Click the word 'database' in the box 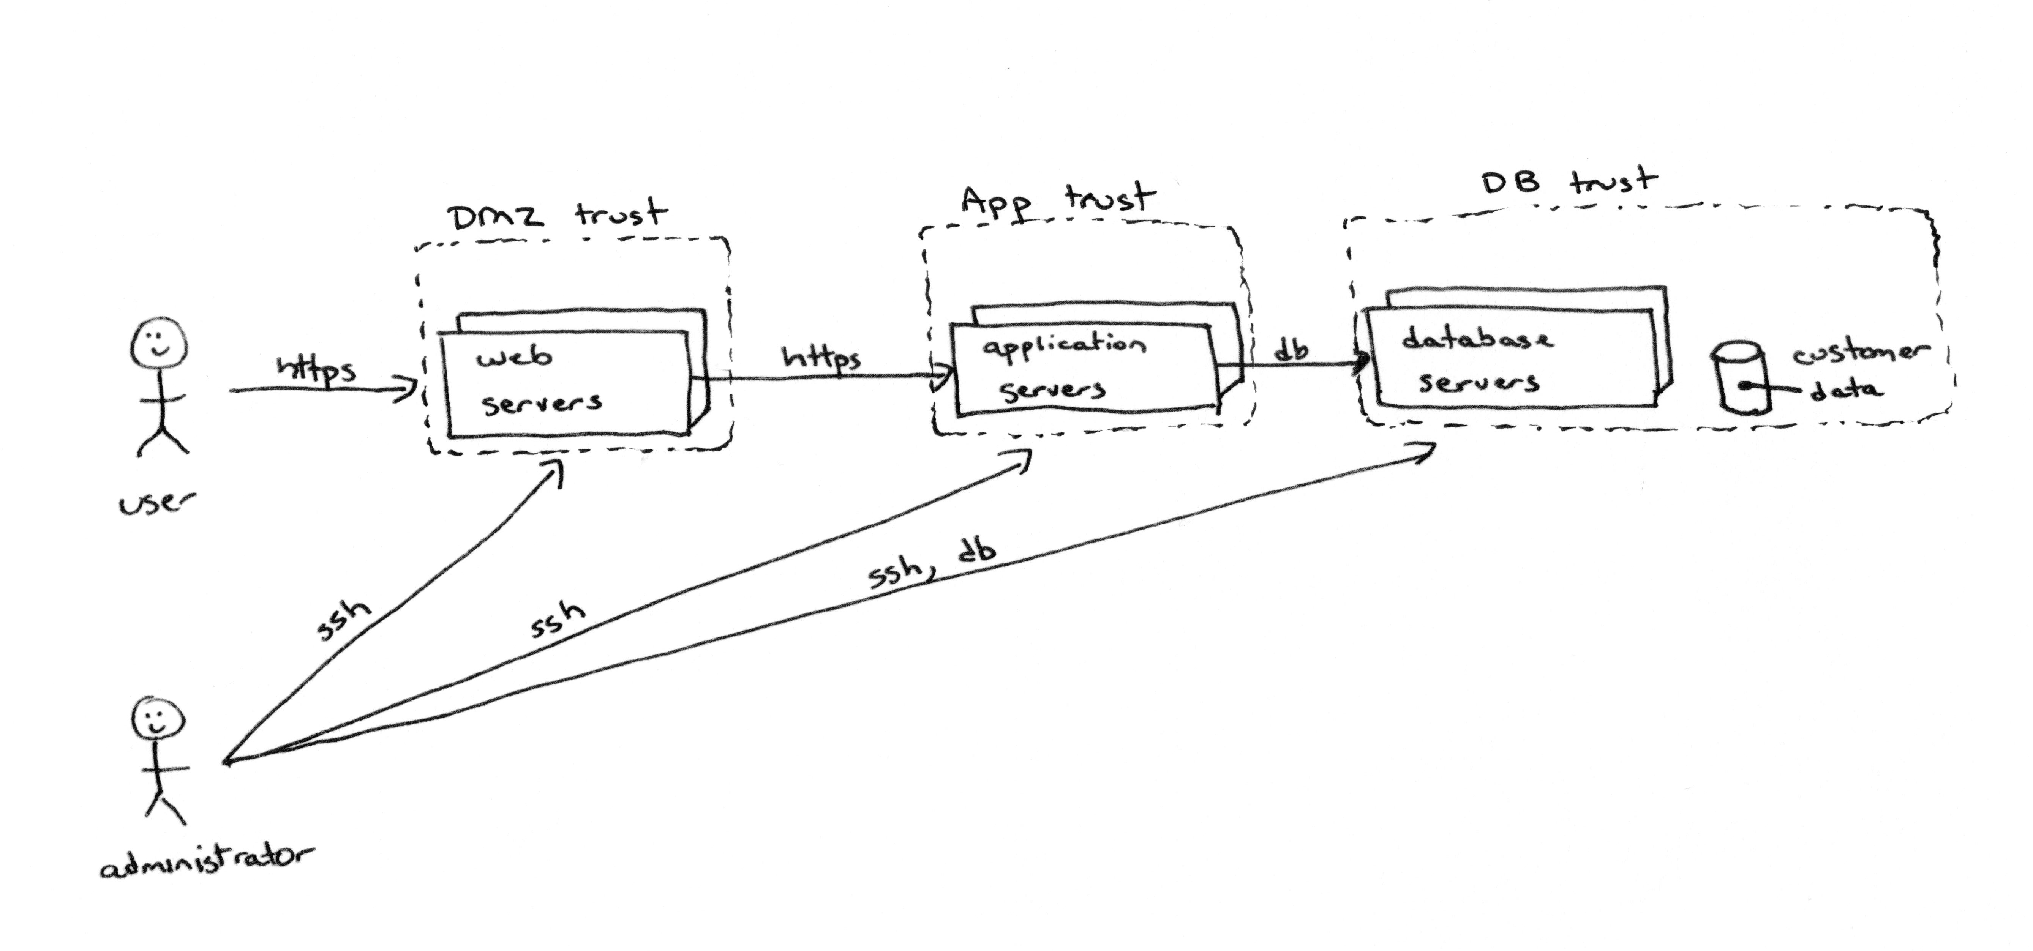[x=1476, y=339]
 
